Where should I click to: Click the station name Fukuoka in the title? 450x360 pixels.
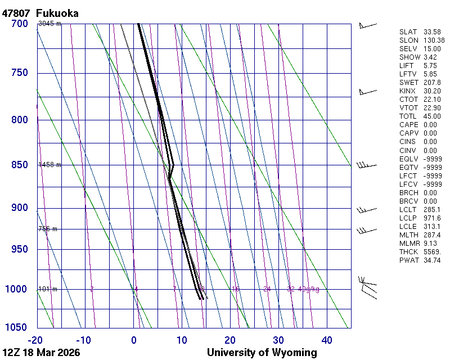tap(57, 13)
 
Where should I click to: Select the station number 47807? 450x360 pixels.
tap(16, 13)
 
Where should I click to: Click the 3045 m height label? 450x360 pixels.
tap(49, 24)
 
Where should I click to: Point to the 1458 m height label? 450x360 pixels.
tap(49, 165)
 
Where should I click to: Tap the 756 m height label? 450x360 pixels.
tap(48, 229)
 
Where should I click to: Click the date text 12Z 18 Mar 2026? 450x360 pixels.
tap(41, 353)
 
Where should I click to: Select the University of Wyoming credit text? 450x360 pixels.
tap(262, 353)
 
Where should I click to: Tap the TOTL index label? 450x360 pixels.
tap(407, 116)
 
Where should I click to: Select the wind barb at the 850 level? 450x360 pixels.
tap(366, 165)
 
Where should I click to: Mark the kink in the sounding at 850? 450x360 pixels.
tap(173, 165)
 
